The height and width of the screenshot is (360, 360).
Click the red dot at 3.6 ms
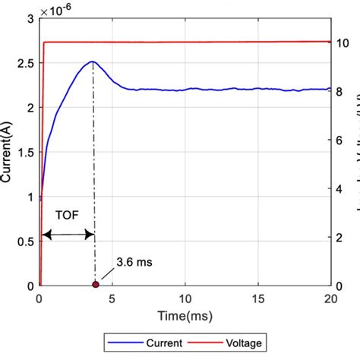(x=95, y=285)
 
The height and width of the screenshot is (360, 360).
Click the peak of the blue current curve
(x=92, y=62)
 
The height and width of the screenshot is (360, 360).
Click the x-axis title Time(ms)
(x=185, y=314)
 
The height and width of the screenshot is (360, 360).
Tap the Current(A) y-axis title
(x=8, y=151)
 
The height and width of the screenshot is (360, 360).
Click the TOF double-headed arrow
(x=68, y=235)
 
